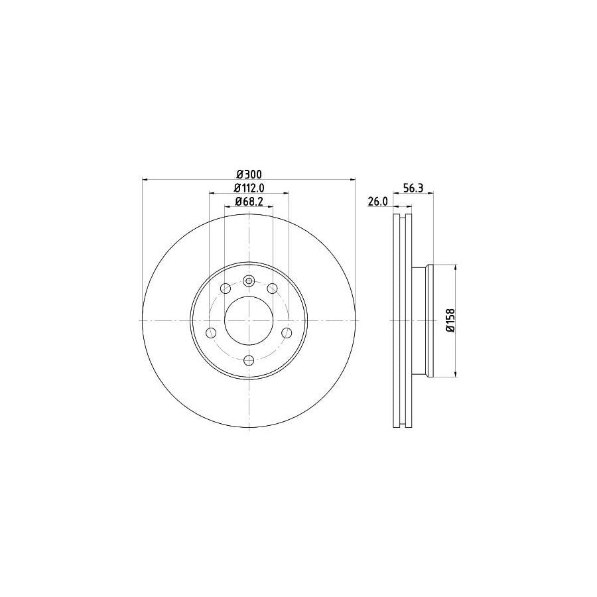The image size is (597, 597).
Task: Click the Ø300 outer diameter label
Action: tap(249, 174)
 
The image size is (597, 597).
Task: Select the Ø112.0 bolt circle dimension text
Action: tap(249, 188)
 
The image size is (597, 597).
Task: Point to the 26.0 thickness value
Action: tap(377, 202)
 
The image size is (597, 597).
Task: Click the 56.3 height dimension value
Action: tap(413, 188)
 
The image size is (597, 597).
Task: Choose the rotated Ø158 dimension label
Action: tap(449, 321)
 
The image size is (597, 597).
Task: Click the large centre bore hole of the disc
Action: tap(249, 320)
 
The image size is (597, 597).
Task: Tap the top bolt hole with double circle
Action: tap(249, 281)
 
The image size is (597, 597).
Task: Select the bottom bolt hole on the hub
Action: tap(249, 360)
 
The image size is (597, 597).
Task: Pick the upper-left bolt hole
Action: tap(226, 288)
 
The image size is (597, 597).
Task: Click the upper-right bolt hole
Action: tap(272, 288)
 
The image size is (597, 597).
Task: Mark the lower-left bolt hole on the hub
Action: tap(212, 332)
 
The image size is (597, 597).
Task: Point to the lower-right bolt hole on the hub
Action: tap(286, 332)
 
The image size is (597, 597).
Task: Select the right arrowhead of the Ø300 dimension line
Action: tap(352, 179)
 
